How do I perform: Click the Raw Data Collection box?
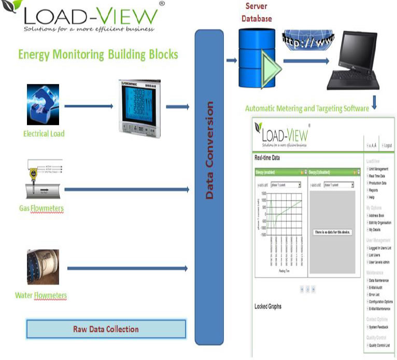(106, 329)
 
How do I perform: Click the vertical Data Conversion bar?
(209, 187)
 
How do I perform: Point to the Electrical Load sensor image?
(43, 105)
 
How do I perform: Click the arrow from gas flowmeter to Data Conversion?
(126, 189)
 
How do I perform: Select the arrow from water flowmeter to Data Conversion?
(127, 268)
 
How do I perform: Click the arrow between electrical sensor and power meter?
(88, 107)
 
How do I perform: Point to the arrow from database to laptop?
(306, 61)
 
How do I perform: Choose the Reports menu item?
(377, 190)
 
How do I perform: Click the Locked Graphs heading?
(268, 307)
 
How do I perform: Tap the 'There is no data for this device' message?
(333, 232)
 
